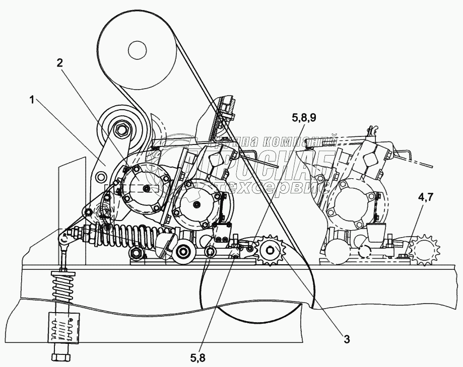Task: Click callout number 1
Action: (32, 100)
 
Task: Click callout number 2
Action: (59, 63)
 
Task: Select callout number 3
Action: (347, 339)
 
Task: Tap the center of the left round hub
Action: (146, 188)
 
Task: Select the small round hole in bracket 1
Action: (101, 176)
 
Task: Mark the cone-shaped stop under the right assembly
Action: (376, 233)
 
